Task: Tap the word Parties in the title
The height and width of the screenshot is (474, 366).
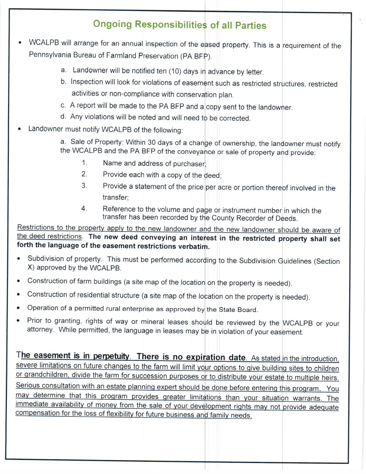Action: [x=251, y=26]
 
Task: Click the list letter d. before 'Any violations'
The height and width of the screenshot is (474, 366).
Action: [x=63, y=116]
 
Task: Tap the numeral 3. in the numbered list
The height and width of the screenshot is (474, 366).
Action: [x=84, y=186]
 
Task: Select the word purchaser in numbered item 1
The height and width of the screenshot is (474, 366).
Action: [x=189, y=164]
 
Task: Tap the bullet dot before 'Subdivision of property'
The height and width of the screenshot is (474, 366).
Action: [x=19, y=259]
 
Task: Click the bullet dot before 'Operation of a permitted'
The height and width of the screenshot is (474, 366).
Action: [x=18, y=308]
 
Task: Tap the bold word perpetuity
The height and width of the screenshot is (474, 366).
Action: [x=111, y=356]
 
